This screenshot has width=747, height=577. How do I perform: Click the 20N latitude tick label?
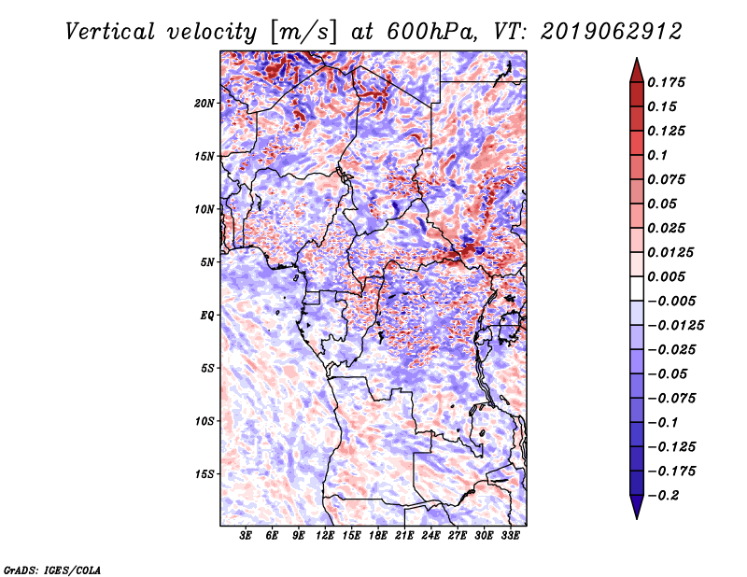204,103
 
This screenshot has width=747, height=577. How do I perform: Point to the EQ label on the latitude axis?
207,315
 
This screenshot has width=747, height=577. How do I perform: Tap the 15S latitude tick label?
204,473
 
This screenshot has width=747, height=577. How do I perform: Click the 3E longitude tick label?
247,537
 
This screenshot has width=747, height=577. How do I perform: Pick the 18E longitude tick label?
378,537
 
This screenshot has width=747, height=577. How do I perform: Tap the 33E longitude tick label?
510,537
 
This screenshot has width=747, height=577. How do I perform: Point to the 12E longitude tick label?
326,537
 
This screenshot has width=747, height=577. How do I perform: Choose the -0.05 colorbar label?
671,373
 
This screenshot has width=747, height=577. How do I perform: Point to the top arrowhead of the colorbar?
635,67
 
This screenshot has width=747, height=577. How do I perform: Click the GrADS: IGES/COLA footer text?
52,569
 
